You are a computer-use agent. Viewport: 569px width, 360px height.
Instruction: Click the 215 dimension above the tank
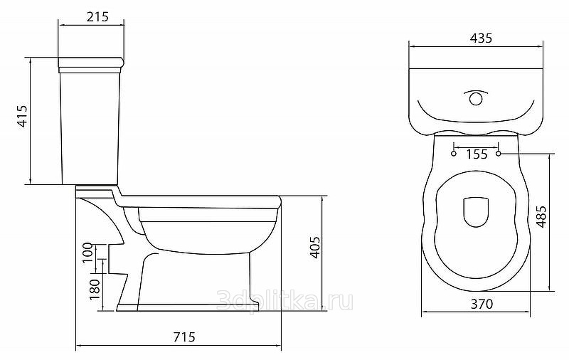pos(97,16)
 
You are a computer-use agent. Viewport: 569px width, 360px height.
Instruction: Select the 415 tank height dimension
pos(23,116)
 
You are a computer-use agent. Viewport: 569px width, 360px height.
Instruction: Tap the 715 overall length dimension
pos(184,337)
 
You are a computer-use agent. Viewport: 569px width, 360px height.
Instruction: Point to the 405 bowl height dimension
pos(315,248)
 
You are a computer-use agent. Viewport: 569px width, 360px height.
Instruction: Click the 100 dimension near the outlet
pos(87,253)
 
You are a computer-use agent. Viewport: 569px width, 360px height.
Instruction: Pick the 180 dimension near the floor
pos(95,289)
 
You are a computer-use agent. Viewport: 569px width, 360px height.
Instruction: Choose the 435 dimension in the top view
pos(482,38)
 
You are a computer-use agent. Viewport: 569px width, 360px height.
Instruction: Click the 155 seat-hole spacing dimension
pos(477,154)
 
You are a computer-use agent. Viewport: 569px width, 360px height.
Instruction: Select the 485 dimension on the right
pos(541,217)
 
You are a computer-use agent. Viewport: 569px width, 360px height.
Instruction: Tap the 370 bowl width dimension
pos(482,304)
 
